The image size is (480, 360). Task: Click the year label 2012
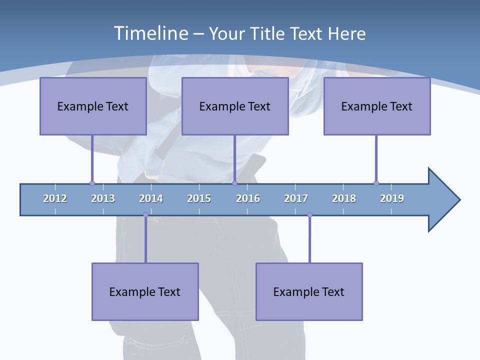55,198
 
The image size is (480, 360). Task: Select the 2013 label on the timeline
103,198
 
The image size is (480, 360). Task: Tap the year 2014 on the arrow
151,198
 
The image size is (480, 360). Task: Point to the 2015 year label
199,198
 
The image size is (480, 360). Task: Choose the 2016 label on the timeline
248,198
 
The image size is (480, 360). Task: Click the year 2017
296,198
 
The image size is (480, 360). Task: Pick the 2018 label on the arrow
344,198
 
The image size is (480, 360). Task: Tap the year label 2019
392,198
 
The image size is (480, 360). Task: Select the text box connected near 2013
93,106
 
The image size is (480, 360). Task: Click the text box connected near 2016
235,106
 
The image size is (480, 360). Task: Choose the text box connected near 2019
377,106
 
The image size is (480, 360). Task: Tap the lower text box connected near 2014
145,291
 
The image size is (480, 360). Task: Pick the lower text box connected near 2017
309,291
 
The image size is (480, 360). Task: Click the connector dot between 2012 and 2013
92,183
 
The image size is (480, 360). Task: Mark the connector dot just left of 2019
376,183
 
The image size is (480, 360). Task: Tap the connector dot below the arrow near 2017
309,215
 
